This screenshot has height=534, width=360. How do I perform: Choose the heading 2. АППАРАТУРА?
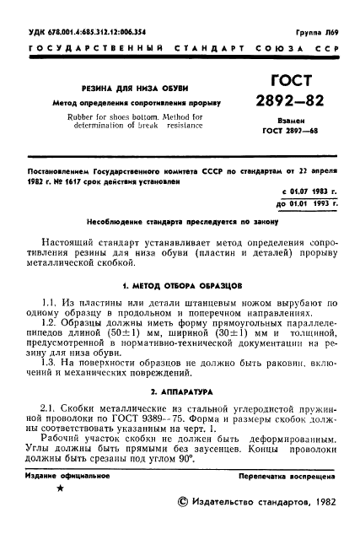[x=180, y=391]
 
